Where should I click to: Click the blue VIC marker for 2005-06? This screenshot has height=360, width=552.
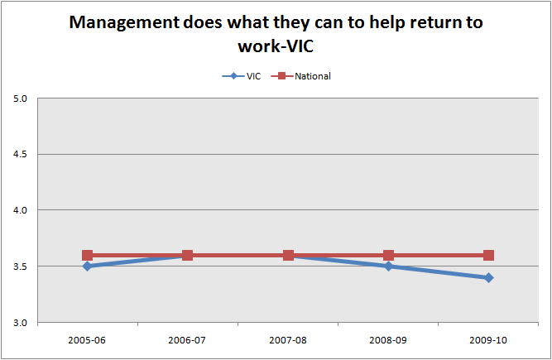(87, 266)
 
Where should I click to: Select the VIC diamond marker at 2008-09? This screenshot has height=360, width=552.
(388, 266)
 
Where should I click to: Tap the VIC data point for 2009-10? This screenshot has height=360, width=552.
(488, 277)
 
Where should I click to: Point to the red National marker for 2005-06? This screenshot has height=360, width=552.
(87, 255)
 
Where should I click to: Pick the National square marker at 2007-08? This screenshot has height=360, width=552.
(288, 255)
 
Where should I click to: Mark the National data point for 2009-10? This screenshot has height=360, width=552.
(488, 255)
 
